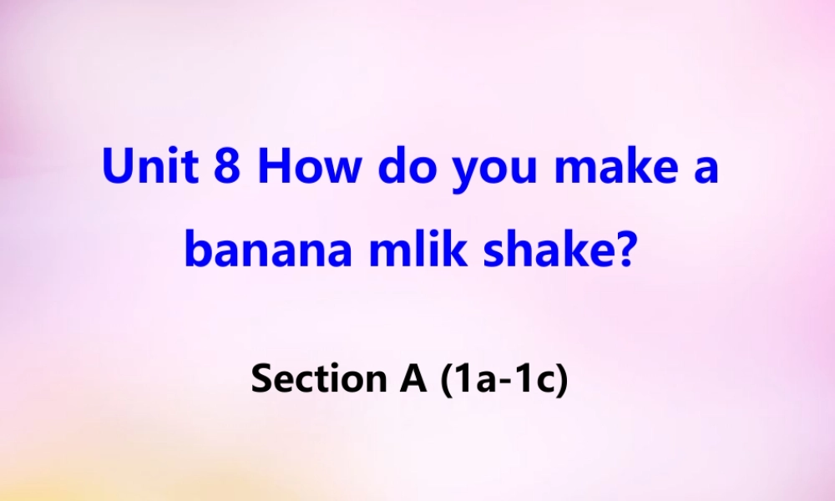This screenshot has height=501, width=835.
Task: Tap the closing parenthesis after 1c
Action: (560, 381)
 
